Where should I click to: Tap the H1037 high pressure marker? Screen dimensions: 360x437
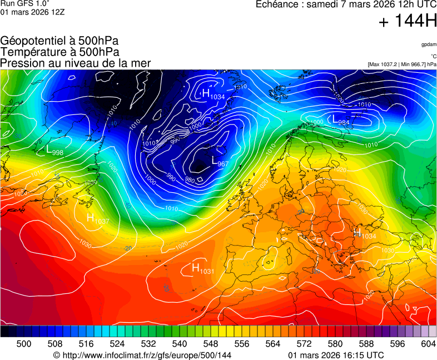pos(98,218)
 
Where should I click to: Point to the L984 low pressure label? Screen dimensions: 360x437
pos(341,121)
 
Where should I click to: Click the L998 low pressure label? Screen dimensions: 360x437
pos(54,150)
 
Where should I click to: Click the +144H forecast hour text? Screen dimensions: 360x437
pos(408,22)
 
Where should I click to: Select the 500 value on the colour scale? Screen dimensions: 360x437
pos(23,344)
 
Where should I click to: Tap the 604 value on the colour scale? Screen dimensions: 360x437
pos(428,344)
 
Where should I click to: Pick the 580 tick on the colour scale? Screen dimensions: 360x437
pos(335,344)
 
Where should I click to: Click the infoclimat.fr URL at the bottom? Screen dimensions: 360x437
pos(142,355)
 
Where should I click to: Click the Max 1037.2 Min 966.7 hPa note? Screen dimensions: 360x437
pos(402,64)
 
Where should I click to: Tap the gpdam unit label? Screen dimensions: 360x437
pos(429,44)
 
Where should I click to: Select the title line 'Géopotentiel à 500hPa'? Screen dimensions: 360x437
pos(59,41)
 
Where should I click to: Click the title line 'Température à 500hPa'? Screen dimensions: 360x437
pos(59,52)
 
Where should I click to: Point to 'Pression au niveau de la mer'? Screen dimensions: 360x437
pos(76,63)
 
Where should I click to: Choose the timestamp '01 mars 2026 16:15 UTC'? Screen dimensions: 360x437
pos(336,355)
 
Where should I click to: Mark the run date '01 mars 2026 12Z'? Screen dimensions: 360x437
pos(32,12)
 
